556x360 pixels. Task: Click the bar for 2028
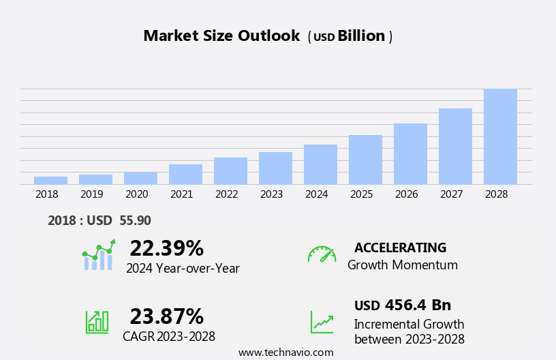point(500,136)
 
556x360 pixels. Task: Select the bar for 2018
point(50,180)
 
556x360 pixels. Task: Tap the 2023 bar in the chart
point(275,168)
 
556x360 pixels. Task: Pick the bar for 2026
point(410,153)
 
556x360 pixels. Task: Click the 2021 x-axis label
point(181,194)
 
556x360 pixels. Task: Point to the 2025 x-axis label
point(361,194)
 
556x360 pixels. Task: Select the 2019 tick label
point(91,194)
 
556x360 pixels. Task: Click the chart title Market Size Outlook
point(221,36)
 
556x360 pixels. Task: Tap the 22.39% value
point(166,248)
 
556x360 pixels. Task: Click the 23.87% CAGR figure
point(166,316)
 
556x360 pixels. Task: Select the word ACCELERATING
point(400,247)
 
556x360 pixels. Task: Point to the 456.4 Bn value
point(418,305)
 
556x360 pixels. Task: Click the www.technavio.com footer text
point(285,352)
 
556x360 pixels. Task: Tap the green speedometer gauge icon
point(322,254)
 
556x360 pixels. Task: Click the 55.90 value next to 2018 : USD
point(136,220)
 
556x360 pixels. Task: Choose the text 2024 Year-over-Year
point(183,269)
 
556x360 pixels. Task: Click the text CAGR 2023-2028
point(169,337)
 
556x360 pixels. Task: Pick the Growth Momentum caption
point(402,265)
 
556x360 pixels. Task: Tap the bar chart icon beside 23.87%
point(97,322)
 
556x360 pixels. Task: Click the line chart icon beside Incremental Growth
point(322,322)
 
